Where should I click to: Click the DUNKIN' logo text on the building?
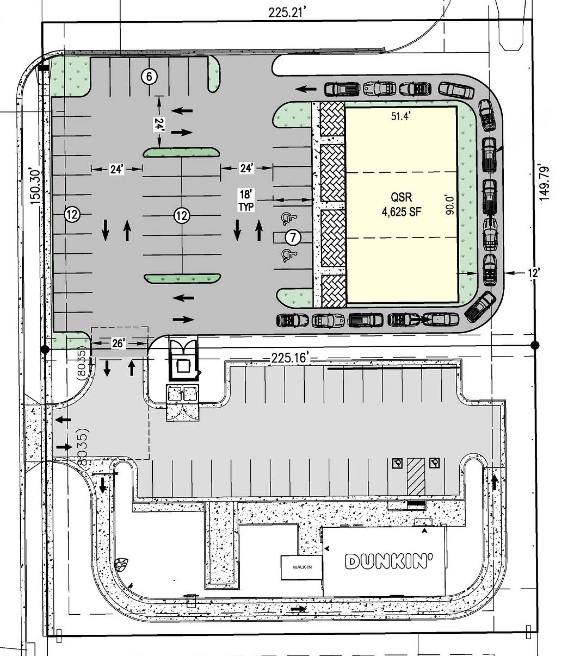389,561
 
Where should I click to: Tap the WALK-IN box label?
302,567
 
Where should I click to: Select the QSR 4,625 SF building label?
401,204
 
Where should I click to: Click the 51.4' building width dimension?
401,116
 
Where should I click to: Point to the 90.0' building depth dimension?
450,205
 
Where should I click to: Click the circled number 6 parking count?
149,77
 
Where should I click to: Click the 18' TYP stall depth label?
246,200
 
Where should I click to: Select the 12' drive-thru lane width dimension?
534,273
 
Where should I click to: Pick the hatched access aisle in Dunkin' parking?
416,476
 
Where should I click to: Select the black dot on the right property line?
535,345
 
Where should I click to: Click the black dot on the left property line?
45,349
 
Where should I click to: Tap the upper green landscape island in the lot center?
181,153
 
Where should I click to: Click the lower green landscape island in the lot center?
182,278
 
